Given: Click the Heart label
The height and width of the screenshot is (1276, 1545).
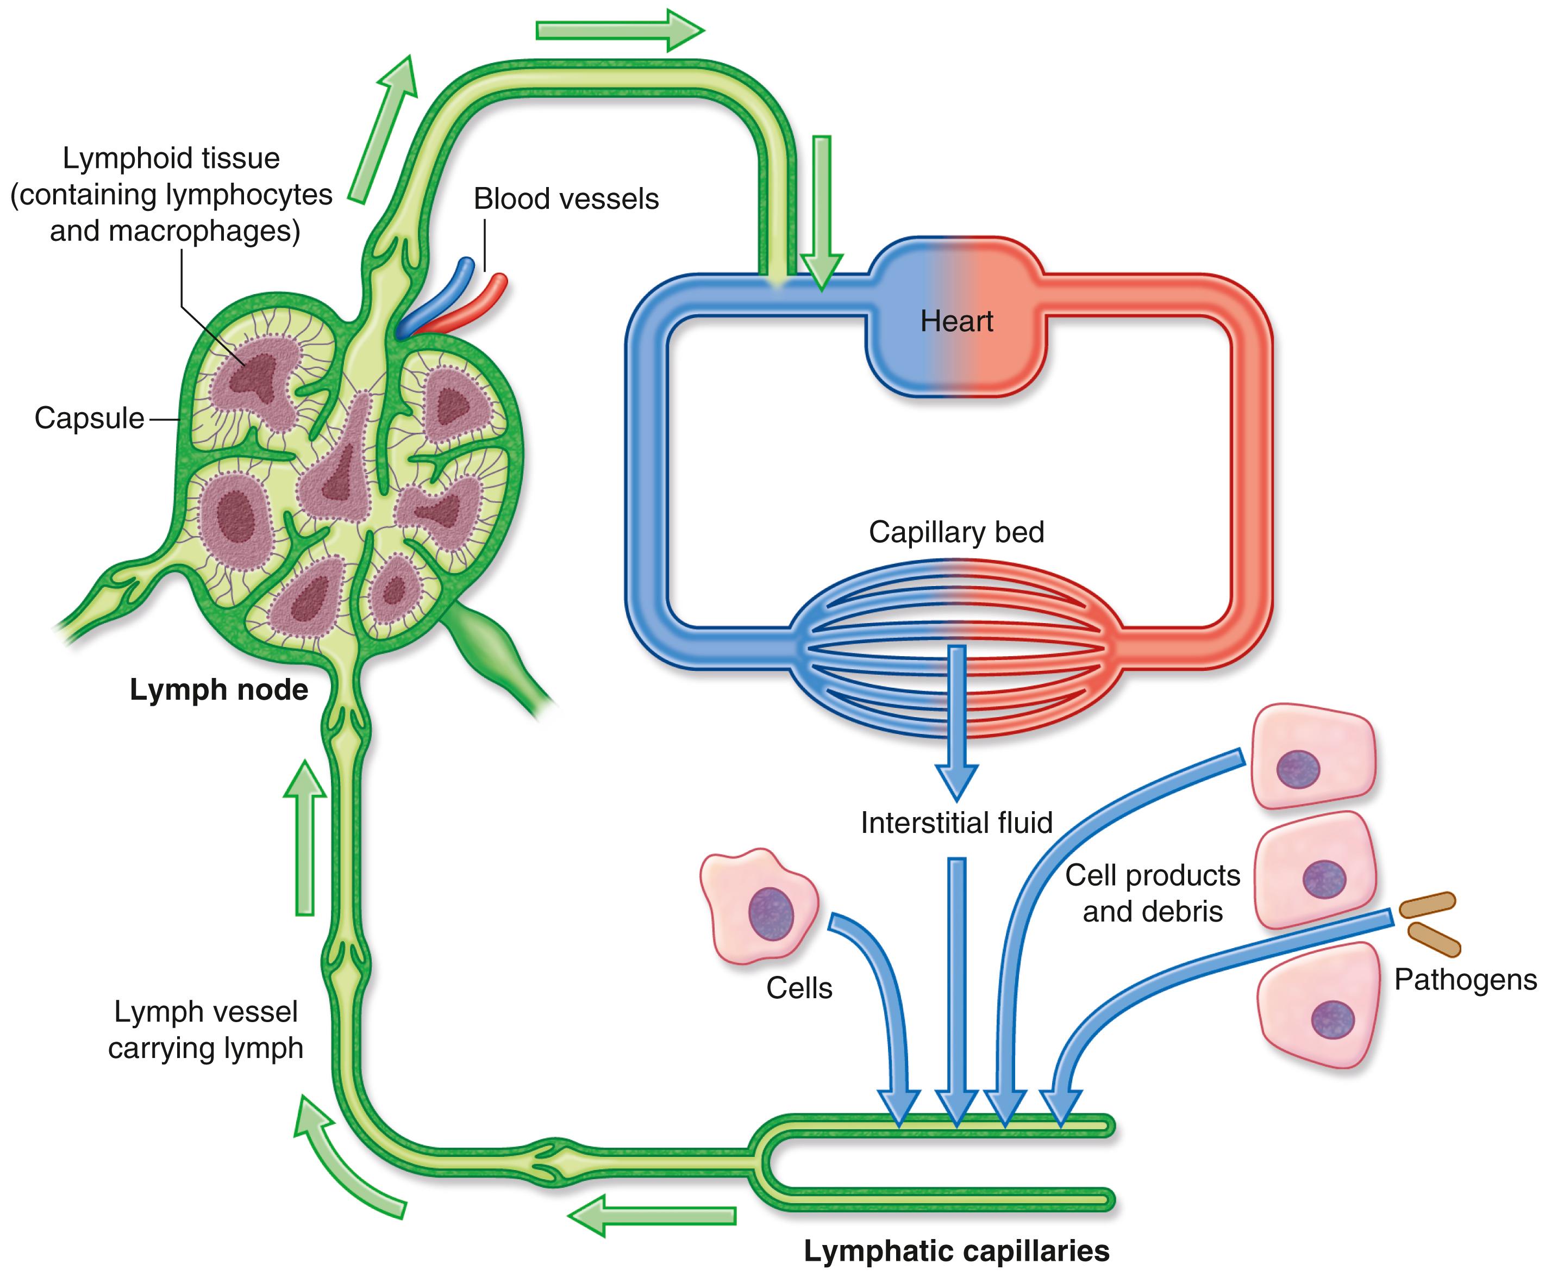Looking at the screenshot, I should point(956,321).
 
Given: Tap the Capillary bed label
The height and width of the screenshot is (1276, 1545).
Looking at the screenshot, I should point(956,531).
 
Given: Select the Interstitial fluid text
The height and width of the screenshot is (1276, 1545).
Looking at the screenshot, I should point(956,823).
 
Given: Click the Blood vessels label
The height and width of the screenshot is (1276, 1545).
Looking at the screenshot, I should point(566,198).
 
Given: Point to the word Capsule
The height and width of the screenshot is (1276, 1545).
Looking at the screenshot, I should point(89,418).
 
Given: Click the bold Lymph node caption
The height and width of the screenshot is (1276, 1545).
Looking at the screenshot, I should point(218,689).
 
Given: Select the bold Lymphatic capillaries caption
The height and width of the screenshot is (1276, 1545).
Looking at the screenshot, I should point(956,1250).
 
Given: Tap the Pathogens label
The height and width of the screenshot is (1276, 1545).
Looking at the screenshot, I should point(1465,979).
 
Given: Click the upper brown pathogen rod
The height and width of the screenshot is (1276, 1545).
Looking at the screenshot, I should point(1427,905).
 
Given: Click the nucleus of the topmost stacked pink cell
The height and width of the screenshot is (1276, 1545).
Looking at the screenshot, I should point(1298,770).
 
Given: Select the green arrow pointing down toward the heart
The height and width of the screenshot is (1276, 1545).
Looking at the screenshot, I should point(821,213).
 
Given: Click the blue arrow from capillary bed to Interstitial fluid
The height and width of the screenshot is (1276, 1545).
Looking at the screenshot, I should point(956,720).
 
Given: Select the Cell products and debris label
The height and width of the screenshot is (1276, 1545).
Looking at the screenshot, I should point(1152,893).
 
